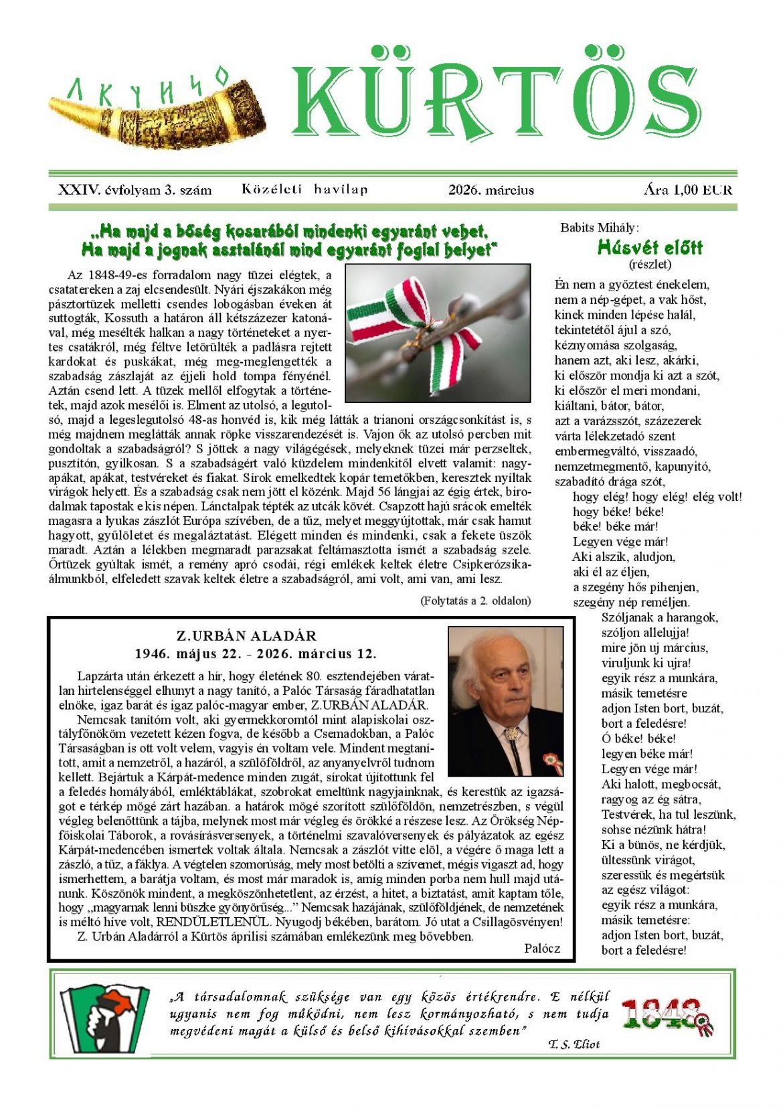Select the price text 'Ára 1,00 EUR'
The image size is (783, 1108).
click(x=687, y=189)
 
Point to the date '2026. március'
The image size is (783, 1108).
click(x=491, y=190)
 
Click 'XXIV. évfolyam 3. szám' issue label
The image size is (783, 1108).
click(x=135, y=189)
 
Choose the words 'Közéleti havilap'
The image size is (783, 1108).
click(x=304, y=189)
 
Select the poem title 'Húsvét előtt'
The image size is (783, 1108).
click(x=649, y=248)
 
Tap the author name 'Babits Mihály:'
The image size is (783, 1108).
click(x=599, y=228)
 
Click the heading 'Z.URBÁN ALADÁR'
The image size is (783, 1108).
click(x=246, y=635)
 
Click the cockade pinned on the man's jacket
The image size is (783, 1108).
click(x=552, y=761)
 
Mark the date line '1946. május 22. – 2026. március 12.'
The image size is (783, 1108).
click(x=255, y=653)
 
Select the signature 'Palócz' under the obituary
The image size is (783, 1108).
click(x=542, y=948)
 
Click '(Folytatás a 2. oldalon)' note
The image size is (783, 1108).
click(x=475, y=601)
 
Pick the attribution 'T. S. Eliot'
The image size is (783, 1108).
click(x=574, y=1044)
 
